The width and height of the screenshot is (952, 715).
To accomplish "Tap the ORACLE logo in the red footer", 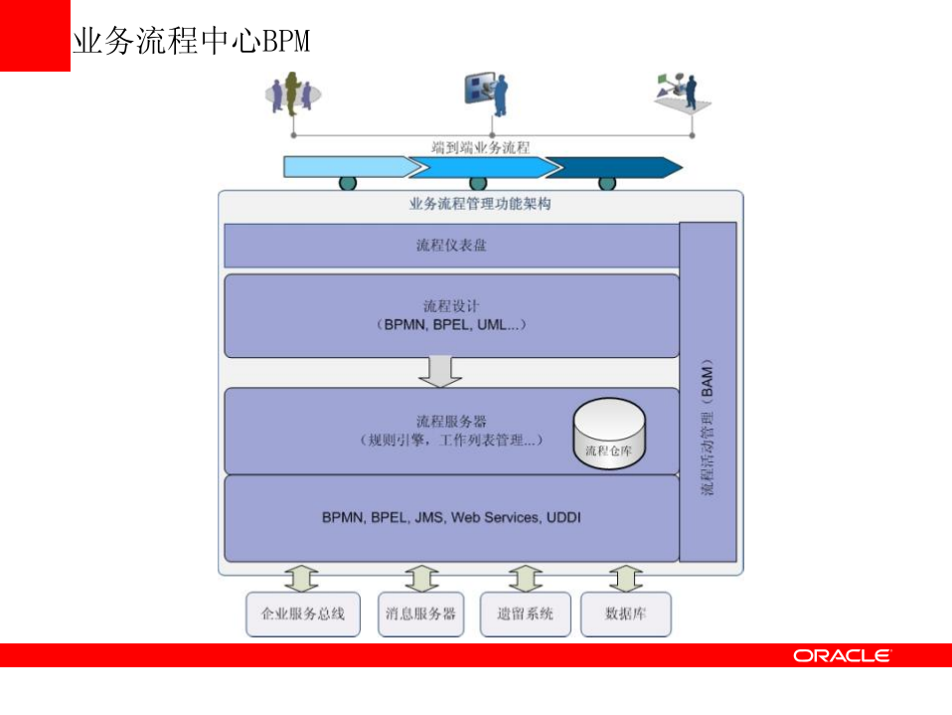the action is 842,655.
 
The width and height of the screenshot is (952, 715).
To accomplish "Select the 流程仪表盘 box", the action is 451,246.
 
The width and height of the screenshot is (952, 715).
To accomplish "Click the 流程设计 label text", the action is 451,305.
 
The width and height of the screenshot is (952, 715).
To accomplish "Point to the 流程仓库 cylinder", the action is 609,435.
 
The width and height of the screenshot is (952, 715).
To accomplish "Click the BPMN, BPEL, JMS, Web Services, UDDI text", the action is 451,518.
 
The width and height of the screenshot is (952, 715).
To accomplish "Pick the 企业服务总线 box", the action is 302,615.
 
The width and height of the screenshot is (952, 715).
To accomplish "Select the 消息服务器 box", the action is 421,615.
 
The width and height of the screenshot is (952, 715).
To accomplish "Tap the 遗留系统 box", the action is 525,615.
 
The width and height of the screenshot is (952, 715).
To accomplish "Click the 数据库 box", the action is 625,615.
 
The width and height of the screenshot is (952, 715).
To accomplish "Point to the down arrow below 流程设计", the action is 440,371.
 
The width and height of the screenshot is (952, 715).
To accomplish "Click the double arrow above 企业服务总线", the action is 302,579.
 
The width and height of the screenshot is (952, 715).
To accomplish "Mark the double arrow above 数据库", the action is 625,579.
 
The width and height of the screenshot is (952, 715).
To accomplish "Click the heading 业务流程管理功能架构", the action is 480,205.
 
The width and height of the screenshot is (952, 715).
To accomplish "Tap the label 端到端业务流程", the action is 480,147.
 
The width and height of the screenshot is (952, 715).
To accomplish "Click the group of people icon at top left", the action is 292,91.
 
